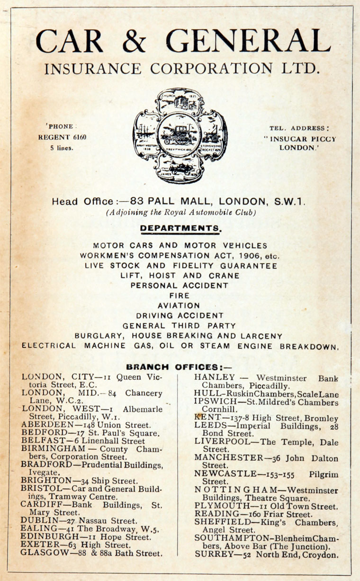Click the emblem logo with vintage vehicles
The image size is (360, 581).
coord(180,136)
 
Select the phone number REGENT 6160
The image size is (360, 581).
coord(63,137)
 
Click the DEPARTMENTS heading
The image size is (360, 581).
coord(180,228)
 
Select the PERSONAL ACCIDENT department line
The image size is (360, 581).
coord(180,286)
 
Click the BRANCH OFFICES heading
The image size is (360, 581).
coord(180,366)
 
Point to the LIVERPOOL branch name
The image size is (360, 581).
coord(218,441)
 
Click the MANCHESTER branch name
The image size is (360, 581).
coord(226,458)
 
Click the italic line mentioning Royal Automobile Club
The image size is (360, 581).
coord(180,213)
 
